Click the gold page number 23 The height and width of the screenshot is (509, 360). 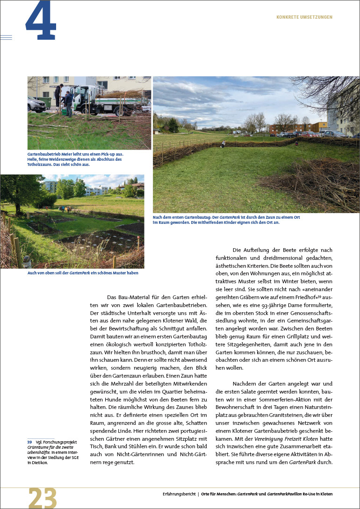coord(43,498)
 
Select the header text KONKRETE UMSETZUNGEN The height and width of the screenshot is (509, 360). coord(304,17)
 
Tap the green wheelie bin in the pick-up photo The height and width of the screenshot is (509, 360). coord(46,102)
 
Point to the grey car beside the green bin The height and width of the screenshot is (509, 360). coord(35,104)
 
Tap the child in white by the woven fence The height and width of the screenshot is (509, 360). coord(223,144)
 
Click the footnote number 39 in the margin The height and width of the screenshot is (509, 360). coord(29,442)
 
